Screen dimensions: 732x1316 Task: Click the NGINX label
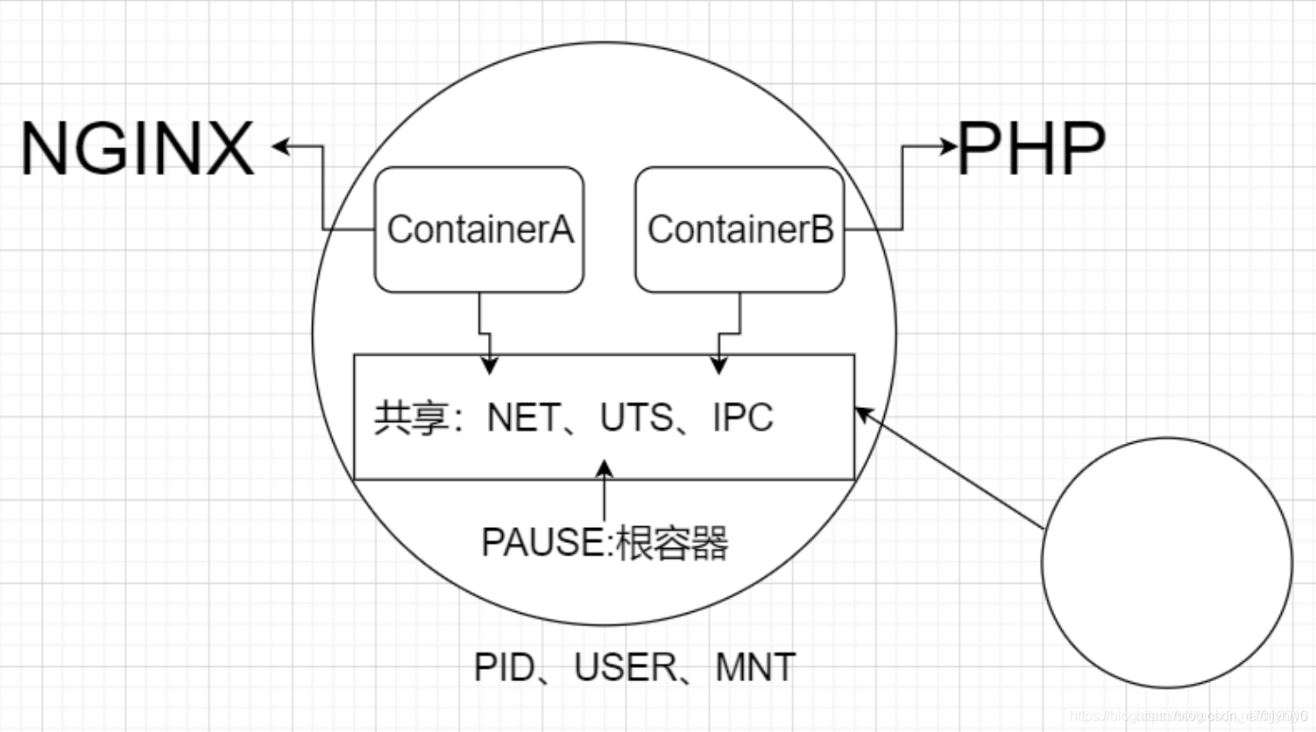[138, 150]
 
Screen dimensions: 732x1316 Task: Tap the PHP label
[1031, 150]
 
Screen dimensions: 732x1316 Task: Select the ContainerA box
[479, 229]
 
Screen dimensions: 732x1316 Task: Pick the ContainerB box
[739, 229]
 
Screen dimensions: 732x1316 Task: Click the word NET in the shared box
[522, 418]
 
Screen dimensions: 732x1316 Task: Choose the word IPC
[743, 418]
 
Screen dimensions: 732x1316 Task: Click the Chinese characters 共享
[412, 418]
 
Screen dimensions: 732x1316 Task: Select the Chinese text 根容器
[672, 543]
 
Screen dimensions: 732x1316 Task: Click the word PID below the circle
[504, 668]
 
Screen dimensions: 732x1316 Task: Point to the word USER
[625, 668]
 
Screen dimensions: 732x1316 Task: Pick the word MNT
[755, 668]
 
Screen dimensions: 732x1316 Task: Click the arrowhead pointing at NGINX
[281, 146]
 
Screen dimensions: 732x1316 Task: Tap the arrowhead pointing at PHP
[948, 146]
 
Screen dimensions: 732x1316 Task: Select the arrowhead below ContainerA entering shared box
[490, 365]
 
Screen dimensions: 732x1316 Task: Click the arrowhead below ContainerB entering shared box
[718, 365]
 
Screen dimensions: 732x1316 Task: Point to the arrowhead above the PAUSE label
[604, 469]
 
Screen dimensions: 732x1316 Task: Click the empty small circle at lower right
[1166, 562]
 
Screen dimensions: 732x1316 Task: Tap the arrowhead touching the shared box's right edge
[864, 412]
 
